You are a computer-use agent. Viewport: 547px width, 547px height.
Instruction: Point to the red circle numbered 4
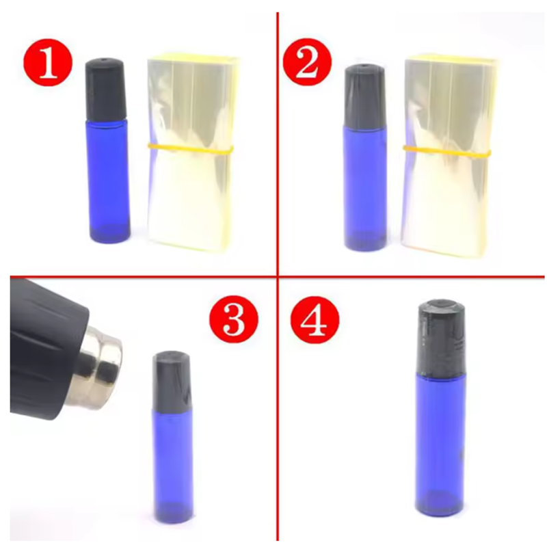(x=314, y=319)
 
